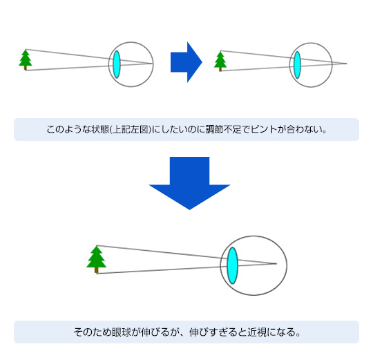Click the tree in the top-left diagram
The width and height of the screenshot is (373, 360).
coord(26,59)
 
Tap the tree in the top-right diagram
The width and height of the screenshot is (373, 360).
coord(220,61)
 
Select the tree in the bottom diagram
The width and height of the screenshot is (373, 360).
coord(96,259)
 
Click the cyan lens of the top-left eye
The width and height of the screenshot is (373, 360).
coord(117,64)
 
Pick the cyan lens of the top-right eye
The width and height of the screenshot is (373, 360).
coord(297,65)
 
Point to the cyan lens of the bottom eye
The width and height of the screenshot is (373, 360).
coord(232,265)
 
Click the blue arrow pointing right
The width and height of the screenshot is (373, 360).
coord(186,62)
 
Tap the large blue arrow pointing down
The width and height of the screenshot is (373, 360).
coord(189,183)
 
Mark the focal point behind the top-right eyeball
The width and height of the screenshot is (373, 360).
coord(346,64)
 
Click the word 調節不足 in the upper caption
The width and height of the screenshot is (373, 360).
coord(224,129)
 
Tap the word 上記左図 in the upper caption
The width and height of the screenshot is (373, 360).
coord(130,129)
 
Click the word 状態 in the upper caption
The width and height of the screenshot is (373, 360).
coord(100,129)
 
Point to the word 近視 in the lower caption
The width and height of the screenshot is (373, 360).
coord(257,332)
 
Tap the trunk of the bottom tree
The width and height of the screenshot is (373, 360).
coord(96,270)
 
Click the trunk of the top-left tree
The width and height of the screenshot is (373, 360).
coord(26,68)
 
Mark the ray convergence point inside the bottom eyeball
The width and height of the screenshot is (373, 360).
coord(276,263)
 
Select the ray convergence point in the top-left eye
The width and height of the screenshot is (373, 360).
coord(152,64)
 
